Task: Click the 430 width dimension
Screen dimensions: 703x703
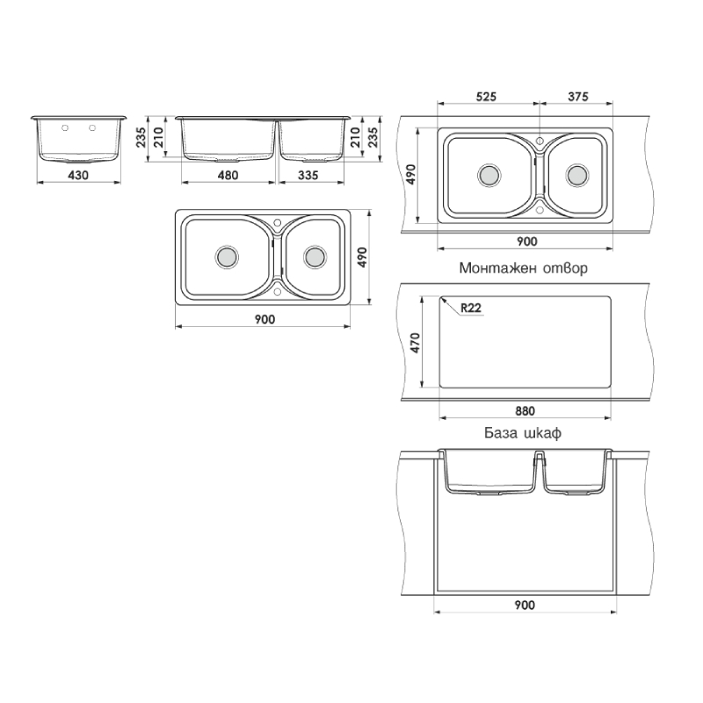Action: point(78,175)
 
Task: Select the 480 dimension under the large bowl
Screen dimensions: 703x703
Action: point(228,175)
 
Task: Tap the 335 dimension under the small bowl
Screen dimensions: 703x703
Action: point(308,175)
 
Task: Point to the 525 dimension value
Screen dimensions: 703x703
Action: point(486,97)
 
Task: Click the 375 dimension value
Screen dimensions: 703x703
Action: point(578,97)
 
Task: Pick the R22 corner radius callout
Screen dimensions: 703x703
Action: point(471,308)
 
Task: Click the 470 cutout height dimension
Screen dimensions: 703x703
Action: point(415,343)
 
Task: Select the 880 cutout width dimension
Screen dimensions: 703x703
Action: point(525,410)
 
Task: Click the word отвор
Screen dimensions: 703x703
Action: point(565,269)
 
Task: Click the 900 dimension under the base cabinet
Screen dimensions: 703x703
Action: point(525,605)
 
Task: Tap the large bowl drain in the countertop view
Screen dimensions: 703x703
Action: point(489,175)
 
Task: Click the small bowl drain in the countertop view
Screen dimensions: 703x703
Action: point(576,175)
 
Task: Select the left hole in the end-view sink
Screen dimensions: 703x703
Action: point(65,128)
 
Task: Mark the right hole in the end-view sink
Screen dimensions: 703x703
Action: point(92,128)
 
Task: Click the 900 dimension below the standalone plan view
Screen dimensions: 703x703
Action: point(265,319)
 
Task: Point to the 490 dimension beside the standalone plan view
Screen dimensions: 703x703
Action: point(362,257)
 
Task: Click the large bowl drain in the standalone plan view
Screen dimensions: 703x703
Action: point(227,257)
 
